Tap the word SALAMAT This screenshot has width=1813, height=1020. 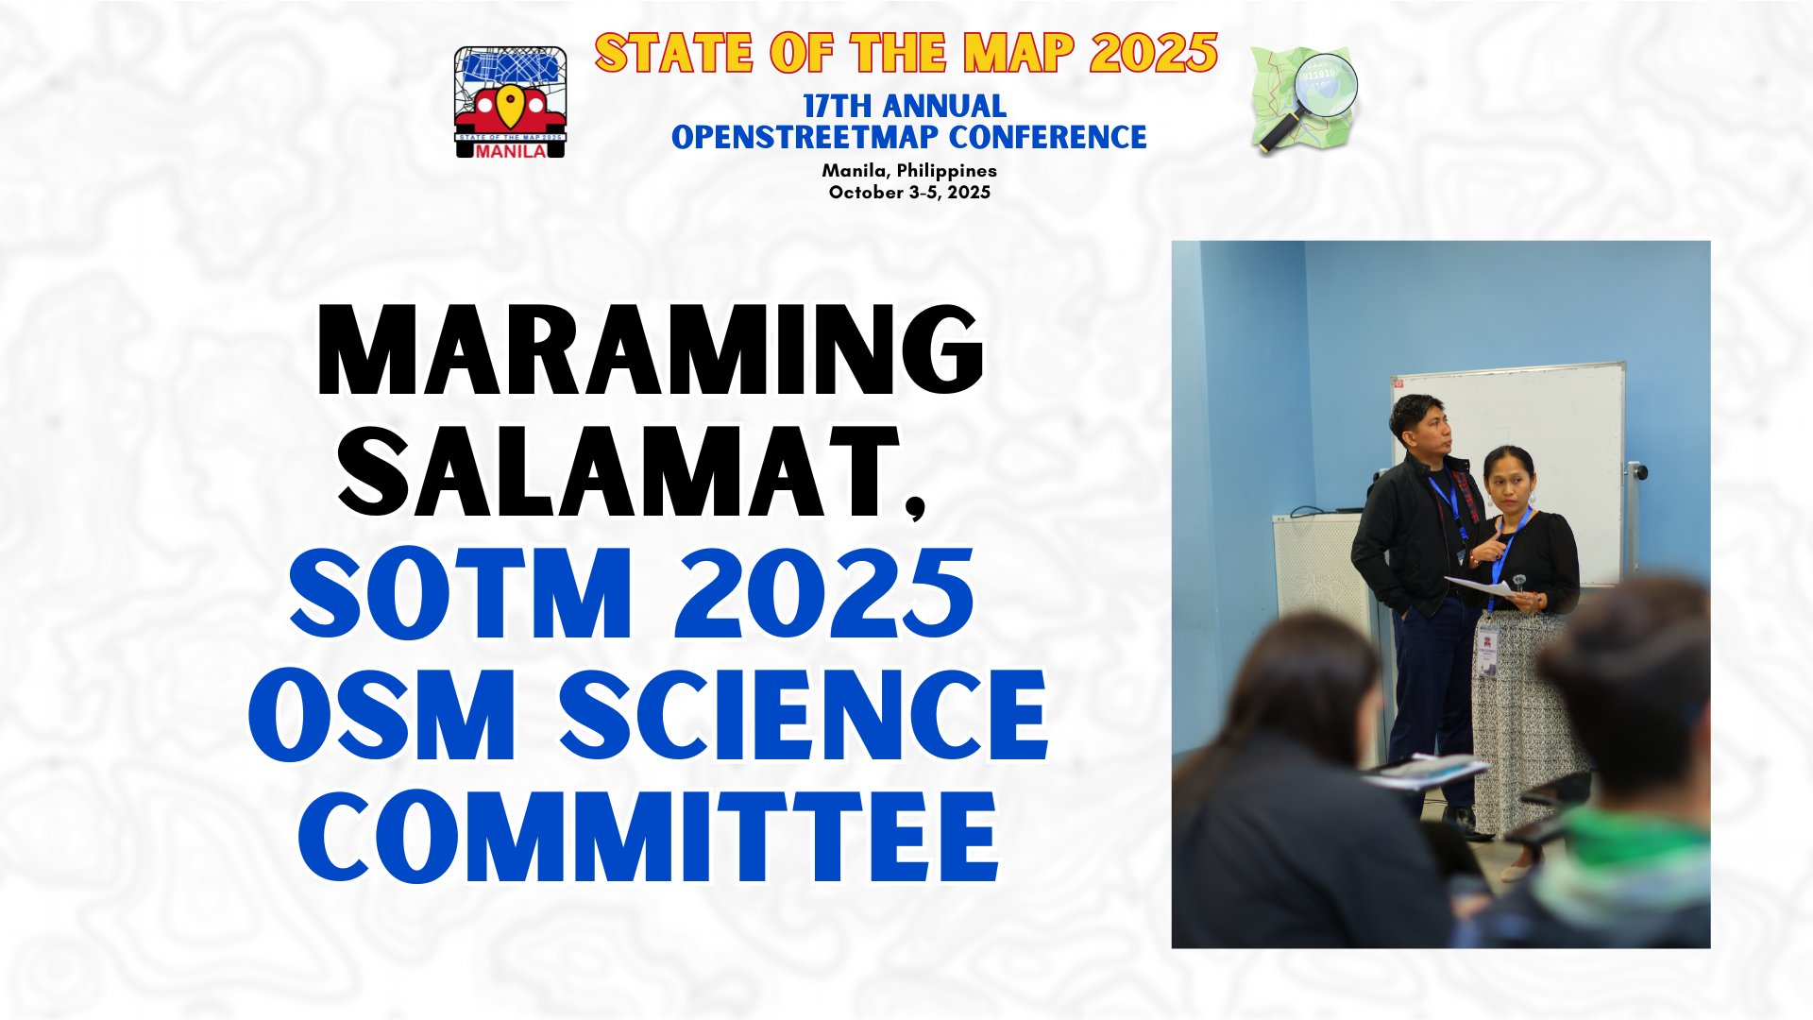tap(618, 471)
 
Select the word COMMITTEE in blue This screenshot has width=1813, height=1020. tap(649, 838)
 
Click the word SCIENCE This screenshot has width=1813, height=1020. tap(804, 715)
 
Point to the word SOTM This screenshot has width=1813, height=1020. tap(460, 593)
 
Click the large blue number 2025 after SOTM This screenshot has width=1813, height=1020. tap(824, 593)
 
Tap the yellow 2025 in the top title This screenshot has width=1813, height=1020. tap(1154, 53)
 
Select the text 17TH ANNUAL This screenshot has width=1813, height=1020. tap(905, 106)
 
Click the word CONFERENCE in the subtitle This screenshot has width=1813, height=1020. tap(1047, 137)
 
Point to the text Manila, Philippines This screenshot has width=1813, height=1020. tap(909, 171)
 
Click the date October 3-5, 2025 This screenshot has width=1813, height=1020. tap(909, 193)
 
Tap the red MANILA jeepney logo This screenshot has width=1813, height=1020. tap(510, 102)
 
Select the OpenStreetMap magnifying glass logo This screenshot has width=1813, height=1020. tap(1305, 100)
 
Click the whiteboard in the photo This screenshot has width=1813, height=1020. tap(1549, 453)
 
